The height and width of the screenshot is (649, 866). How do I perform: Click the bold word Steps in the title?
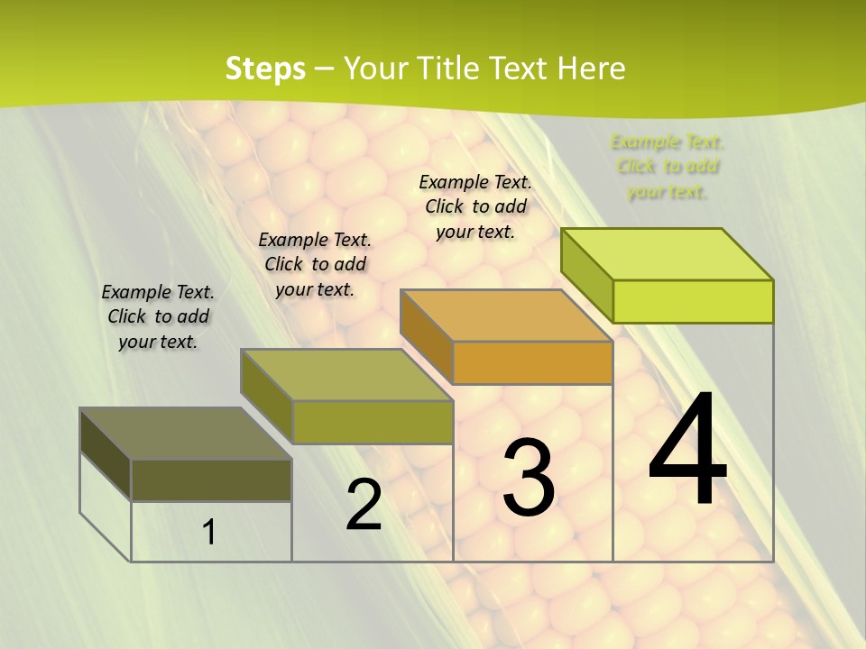(264, 69)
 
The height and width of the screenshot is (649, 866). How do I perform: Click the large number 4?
(687, 451)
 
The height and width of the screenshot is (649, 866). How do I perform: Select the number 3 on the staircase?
(529, 479)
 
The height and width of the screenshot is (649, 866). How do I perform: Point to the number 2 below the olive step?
(364, 505)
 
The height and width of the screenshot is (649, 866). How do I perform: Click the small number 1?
(209, 533)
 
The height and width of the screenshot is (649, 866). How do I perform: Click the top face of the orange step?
(506, 315)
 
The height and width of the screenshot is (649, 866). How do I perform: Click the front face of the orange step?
(532, 363)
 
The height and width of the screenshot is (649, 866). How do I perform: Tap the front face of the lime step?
(693, 301)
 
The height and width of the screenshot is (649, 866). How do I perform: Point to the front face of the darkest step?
(211, 480)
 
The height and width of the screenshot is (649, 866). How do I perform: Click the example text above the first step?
(158, 316)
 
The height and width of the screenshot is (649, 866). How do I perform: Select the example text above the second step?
(315, 264)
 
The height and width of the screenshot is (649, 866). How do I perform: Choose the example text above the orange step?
(475, 206)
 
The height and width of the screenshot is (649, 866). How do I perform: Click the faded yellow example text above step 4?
(668, 167)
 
